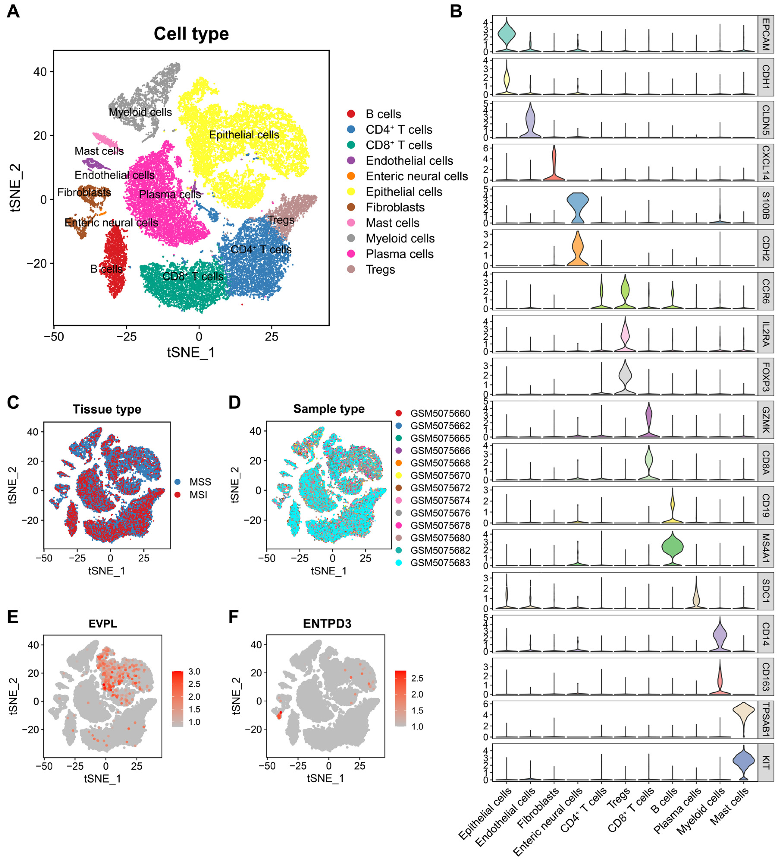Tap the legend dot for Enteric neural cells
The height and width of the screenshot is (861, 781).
click(351, 176)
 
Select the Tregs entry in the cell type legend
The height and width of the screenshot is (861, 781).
click(380, 270)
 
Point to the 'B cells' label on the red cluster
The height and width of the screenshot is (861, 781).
click(106, 269)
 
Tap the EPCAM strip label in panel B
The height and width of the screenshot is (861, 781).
click(766, 34)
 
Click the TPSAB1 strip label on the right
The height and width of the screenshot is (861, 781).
click(766, 720)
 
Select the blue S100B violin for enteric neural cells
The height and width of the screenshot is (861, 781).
click(577, 208)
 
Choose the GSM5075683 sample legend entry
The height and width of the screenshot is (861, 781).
click(440, 563)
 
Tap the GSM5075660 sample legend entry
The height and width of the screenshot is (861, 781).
click(440, 413)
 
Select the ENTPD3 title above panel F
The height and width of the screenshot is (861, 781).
click(327, 624)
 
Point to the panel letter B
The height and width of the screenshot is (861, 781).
click(456, 11)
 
